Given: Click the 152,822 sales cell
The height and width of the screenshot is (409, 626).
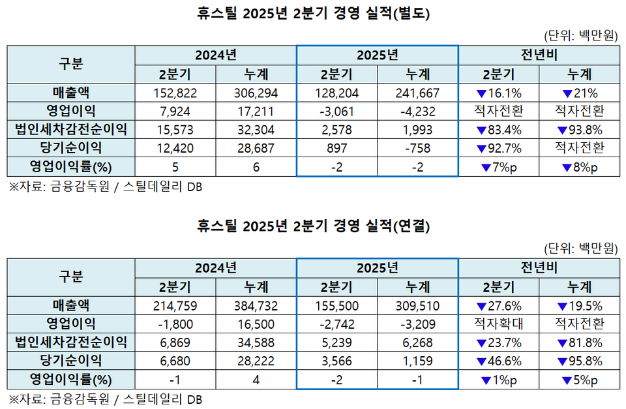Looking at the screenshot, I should point(175,93).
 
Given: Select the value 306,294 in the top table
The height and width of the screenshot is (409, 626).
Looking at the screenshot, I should point(256,93).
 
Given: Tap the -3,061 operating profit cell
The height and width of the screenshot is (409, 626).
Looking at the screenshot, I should point(336,111).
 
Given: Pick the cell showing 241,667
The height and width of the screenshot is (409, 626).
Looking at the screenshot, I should point(418,93).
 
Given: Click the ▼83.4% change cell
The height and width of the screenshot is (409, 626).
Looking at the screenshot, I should point(499,129).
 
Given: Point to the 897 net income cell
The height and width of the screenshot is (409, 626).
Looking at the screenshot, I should point(336,148).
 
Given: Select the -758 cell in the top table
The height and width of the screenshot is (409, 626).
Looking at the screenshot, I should point(418,148).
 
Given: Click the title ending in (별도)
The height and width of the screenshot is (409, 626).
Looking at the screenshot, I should point(313,13).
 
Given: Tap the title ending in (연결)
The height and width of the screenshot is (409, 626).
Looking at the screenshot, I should point(313,226).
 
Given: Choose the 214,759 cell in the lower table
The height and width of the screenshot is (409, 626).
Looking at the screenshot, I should point(175,305).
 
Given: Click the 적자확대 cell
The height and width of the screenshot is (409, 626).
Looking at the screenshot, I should point(499,324).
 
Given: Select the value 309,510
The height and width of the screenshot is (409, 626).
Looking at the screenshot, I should point(418,305).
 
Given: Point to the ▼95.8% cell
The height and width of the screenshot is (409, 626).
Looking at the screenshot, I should point(580,360).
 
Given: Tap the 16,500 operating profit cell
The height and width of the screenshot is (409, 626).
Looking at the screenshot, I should point(256,324).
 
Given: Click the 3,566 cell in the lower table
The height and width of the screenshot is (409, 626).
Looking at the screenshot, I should point(336,360).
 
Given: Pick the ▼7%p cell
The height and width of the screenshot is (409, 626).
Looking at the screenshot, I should point(499,167).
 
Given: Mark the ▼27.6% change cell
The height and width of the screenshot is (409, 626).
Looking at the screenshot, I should point(499,305).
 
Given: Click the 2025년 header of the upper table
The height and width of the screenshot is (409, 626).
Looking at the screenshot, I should point(377,55).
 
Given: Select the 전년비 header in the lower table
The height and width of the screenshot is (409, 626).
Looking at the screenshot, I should point(539,268).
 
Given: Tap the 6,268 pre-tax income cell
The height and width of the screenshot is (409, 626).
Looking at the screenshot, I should point(418,342).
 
